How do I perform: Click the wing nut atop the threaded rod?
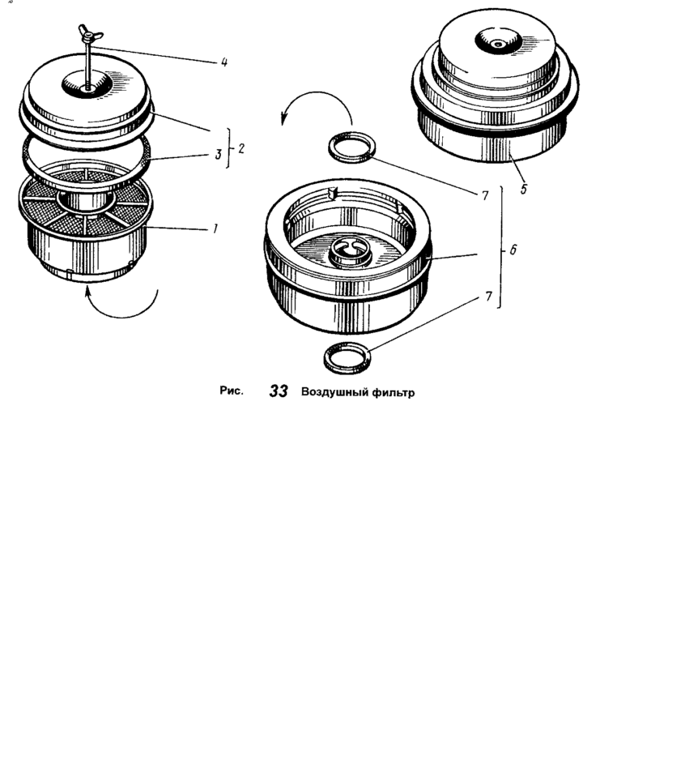[90, 35]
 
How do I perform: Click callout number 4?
[224, 62]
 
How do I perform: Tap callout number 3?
[218, 154]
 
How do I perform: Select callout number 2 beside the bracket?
[240, 148]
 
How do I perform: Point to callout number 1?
[215, 228]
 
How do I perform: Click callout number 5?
[524, 189]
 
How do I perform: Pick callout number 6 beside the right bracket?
[513, 250]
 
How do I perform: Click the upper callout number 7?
[485, 196]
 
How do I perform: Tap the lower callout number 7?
[488, 297]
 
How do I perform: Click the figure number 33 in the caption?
[279, 391]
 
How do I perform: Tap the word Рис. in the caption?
[232, 391]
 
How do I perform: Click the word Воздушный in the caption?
[333, 392]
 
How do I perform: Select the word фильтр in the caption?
[393, 393]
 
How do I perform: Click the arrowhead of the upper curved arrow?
[283, 119]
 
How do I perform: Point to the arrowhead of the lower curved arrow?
[87, 292]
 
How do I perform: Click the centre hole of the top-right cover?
[499, 45]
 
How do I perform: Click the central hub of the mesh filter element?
[86, 199]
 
